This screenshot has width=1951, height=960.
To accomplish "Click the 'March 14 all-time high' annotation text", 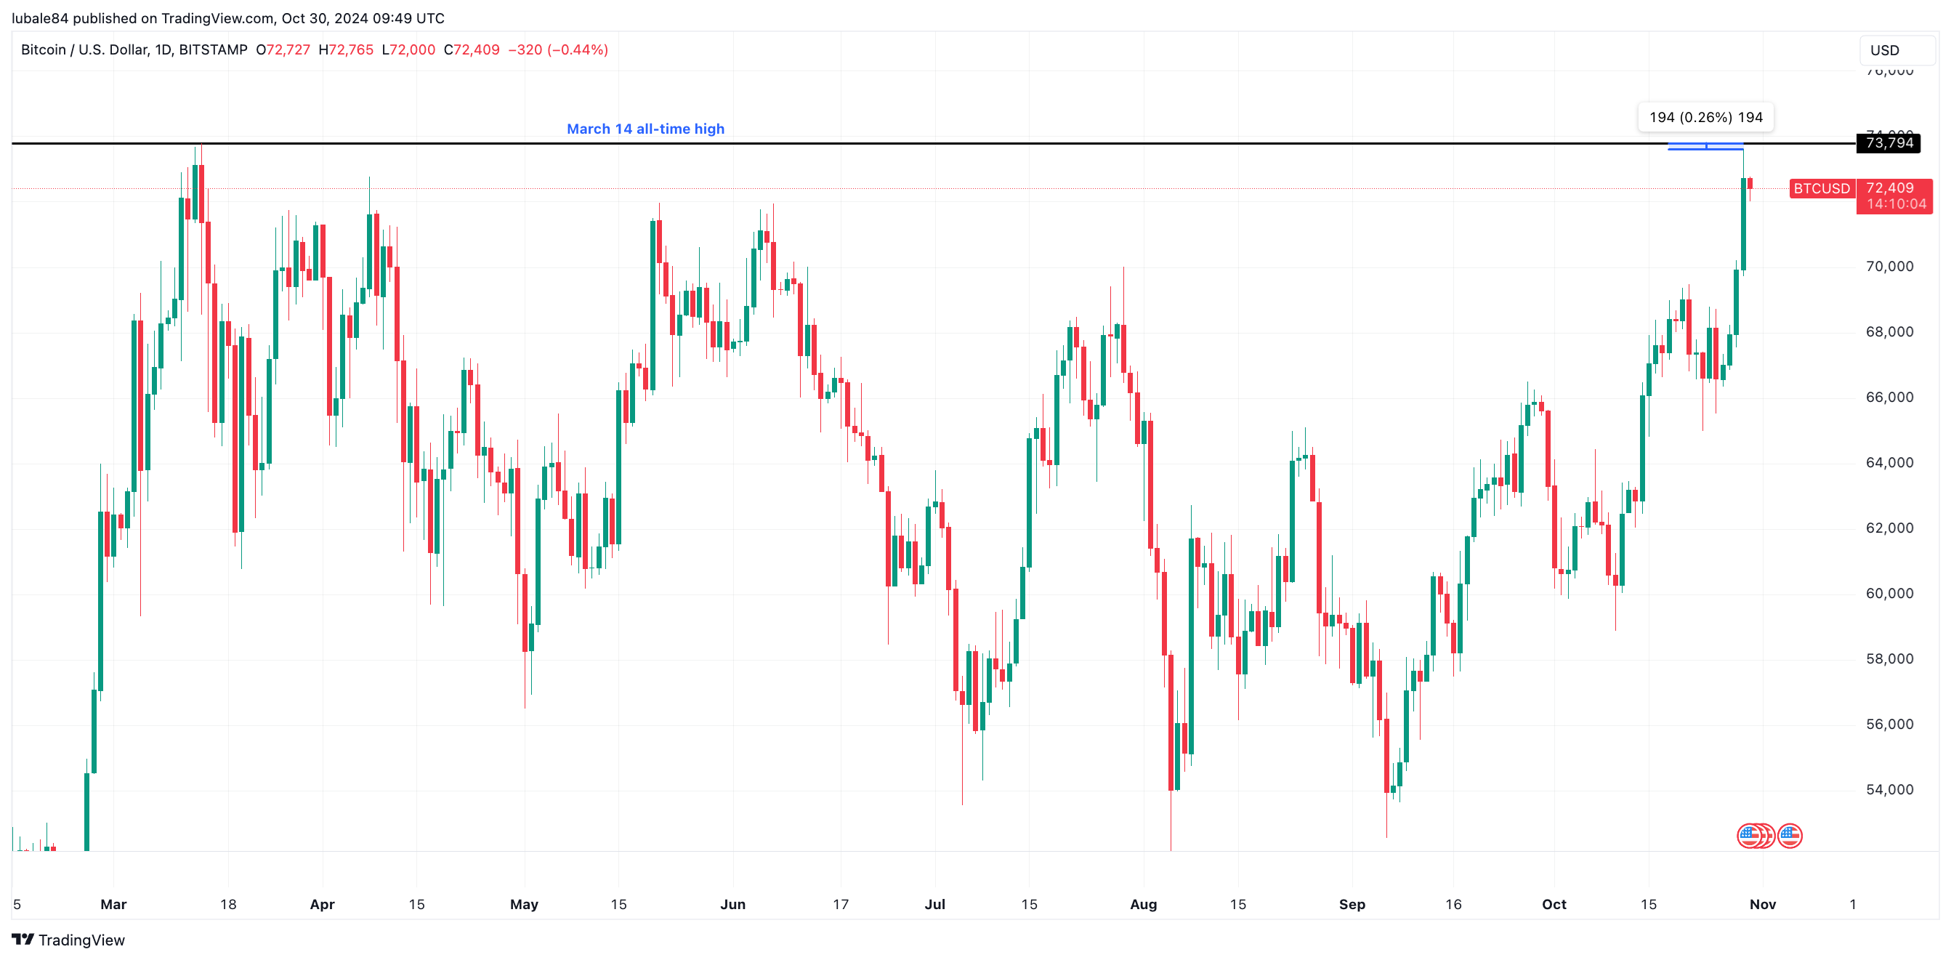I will coord(645,129).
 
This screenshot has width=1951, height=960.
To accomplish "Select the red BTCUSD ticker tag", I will coord(1821,189).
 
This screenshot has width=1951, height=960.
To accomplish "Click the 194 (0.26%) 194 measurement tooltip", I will coord(1705,118).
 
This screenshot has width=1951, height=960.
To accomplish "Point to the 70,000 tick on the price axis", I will coord(1889,267).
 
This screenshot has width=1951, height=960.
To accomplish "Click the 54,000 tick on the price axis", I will coord(1889,789).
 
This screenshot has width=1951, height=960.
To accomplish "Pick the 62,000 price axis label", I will coord(1889,528).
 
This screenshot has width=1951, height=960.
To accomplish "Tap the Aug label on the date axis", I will coord(1143,904).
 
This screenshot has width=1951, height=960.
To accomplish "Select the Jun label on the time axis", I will coord(732,904).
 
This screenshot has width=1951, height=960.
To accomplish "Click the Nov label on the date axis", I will coord(1762,904).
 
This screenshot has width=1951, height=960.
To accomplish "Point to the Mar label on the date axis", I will coord(113,904).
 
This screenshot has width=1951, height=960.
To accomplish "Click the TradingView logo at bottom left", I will coord(68,940).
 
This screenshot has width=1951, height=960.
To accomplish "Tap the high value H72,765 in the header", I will coord(346,50).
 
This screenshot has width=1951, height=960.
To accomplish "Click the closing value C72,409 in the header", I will coord(472,50).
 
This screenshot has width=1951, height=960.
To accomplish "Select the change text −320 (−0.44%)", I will coord(558,50).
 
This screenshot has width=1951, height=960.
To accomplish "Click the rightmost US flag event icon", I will coord(1790,836).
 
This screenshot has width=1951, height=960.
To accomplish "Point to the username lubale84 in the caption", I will coord(39,18).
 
